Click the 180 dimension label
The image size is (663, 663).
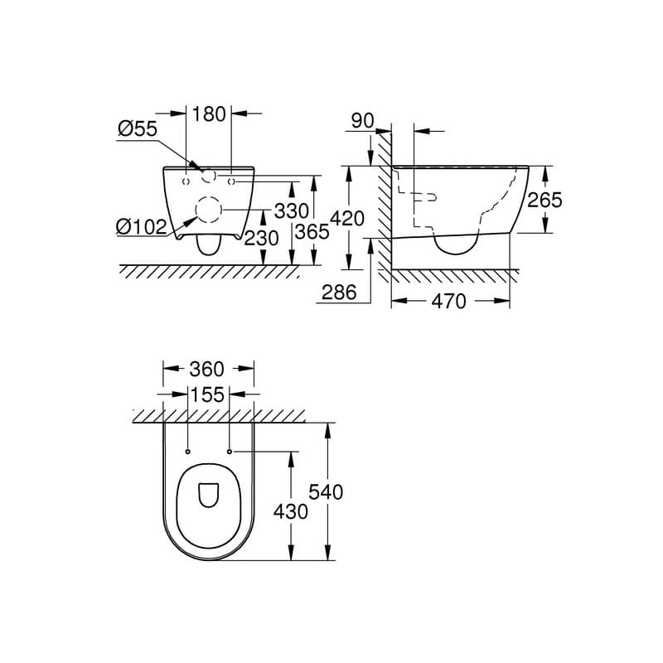[x=208, y=114]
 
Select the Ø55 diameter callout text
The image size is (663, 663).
[x=137, y=129]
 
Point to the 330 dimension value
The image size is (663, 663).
[x=292, y=212]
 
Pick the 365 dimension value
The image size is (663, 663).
[x=312, y=233]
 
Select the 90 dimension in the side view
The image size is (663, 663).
[x=362, y=121]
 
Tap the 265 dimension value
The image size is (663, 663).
[x=545, y=201]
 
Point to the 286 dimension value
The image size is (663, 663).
[x=340, y=293]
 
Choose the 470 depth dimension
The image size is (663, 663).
[x=449, y=302]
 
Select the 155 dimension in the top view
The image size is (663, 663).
[x=208, y=395]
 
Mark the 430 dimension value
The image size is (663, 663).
[x=291, y=512]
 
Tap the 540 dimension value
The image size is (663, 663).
[x=327, y=492]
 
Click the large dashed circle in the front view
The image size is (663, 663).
[x=208, y=211]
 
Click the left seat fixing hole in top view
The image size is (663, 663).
[x=188, y=452]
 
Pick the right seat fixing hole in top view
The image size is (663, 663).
[x=229, y=452]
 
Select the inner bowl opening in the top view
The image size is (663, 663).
[x=208, y=495]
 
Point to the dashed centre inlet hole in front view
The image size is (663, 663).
[x=209, y=176]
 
